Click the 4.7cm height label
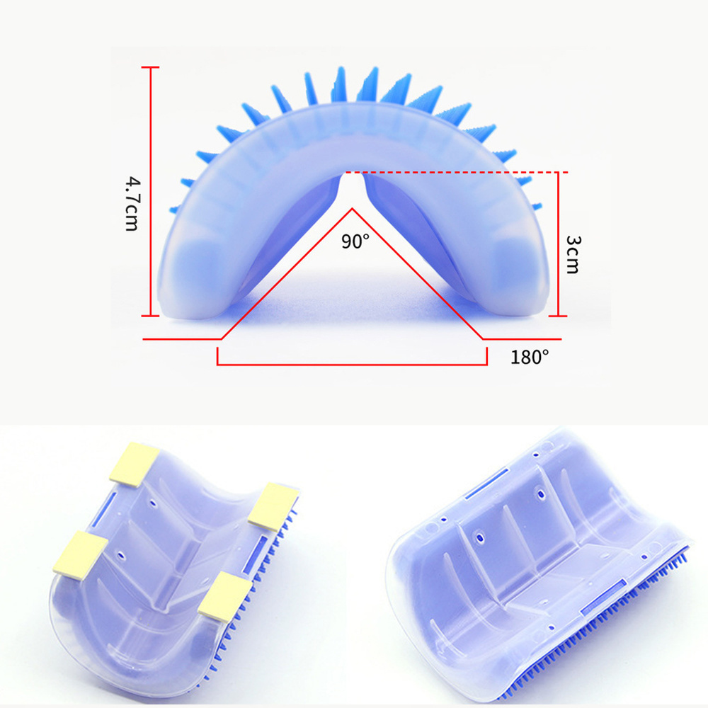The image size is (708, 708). click(132, 204)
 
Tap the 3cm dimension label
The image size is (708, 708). click(573, 254)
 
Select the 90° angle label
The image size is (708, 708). click(355, 241)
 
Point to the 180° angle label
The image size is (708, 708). click(530, 357)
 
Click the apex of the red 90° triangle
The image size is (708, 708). click(352, 209)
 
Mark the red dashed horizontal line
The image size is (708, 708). click(457, 172)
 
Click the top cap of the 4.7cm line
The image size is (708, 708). click(150, 67)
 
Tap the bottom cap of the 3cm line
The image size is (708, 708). click(558, 316)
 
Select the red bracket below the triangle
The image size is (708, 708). click(352, 364)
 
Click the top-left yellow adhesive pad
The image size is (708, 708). click(134, 462)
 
